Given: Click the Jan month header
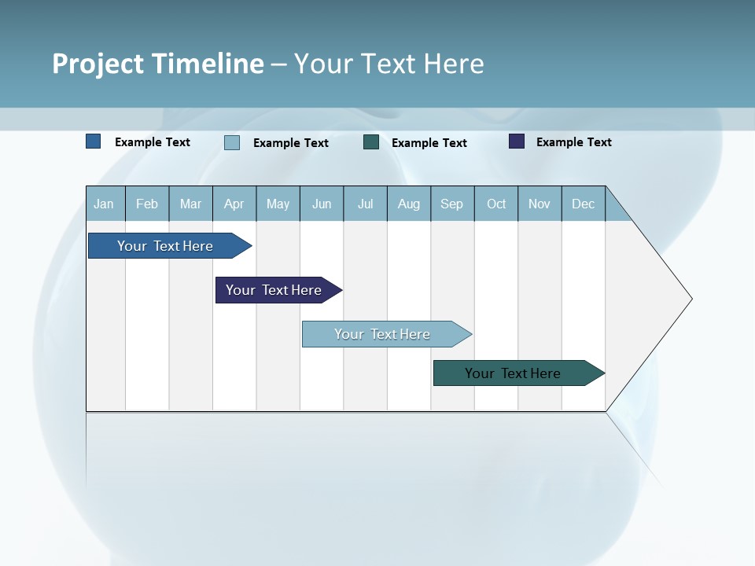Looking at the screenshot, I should [x=104, y=204].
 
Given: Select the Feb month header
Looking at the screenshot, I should [x=147, y=204].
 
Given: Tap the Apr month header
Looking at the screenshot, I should [x=234, y=204].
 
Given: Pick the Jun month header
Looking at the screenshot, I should [x=322, y=204].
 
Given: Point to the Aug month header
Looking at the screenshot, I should [x=408, y=204].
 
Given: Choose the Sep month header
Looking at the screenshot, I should [x=451, y=204].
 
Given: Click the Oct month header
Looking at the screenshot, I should [x=496, y=204].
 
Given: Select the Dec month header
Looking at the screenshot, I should [x=583, y=204].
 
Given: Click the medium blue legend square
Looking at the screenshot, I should [x=94, y=141].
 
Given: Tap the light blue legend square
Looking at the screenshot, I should [x=232, y=142].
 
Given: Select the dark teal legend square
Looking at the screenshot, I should [x=371, y=142].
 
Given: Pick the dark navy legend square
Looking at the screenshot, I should [x=517, y=141].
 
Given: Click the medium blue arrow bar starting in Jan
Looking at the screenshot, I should [x=165, y=246].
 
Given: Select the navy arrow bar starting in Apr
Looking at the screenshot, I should [x=274, y=290].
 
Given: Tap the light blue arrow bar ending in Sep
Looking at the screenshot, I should [x=382, y=334].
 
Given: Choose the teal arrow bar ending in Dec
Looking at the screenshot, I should [x=513, y=373].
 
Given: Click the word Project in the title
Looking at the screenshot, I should [x=98, y=64].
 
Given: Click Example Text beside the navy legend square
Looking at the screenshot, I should [x=573, y=142].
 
